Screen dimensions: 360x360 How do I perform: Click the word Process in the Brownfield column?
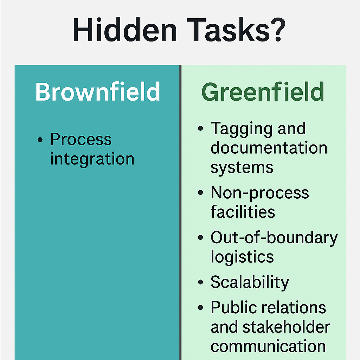click(81, 140)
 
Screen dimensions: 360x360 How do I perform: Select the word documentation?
click(269, 148)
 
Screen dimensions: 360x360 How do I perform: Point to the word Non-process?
click(259, 193)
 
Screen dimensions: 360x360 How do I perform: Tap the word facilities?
click(243, 212)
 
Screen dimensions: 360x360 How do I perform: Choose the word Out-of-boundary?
click(274, 238)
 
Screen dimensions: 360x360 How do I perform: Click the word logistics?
click(242, 257)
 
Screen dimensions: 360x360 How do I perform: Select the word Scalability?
click(250, 282)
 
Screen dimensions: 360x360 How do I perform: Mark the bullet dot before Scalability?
click(200, 282)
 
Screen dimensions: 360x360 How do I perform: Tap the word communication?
click(268, 346)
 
